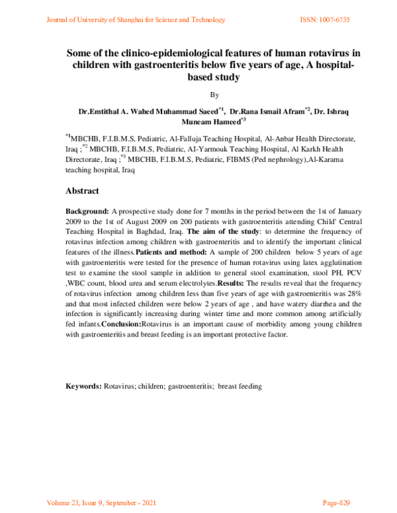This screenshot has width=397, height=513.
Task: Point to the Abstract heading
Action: pyautogui.click(x=82, y=192)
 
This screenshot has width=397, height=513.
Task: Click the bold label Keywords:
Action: pyautogui.click(x=83, y=386)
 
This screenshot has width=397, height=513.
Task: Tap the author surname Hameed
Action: pyautogui.click(x=224, y=122)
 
